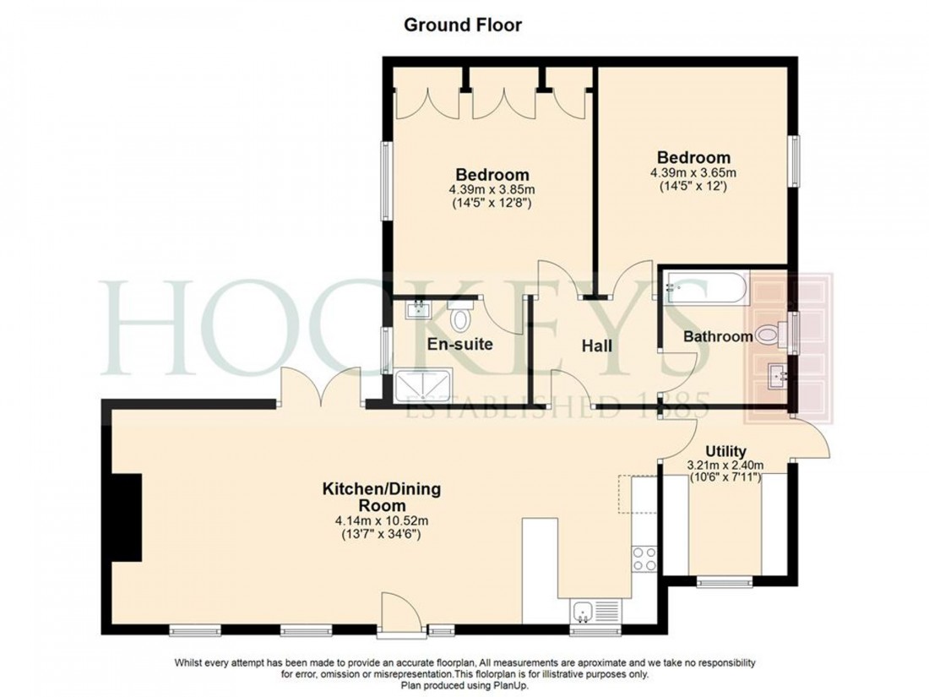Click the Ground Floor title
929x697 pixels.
462,25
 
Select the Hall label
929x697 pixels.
596,346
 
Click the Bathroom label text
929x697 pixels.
717,336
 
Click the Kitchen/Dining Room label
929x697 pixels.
381,497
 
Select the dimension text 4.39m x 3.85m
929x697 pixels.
492,190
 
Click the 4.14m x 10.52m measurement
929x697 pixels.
381,520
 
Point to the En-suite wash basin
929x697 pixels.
418,310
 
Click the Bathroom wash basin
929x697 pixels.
777,376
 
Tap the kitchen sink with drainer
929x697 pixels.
595,611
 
